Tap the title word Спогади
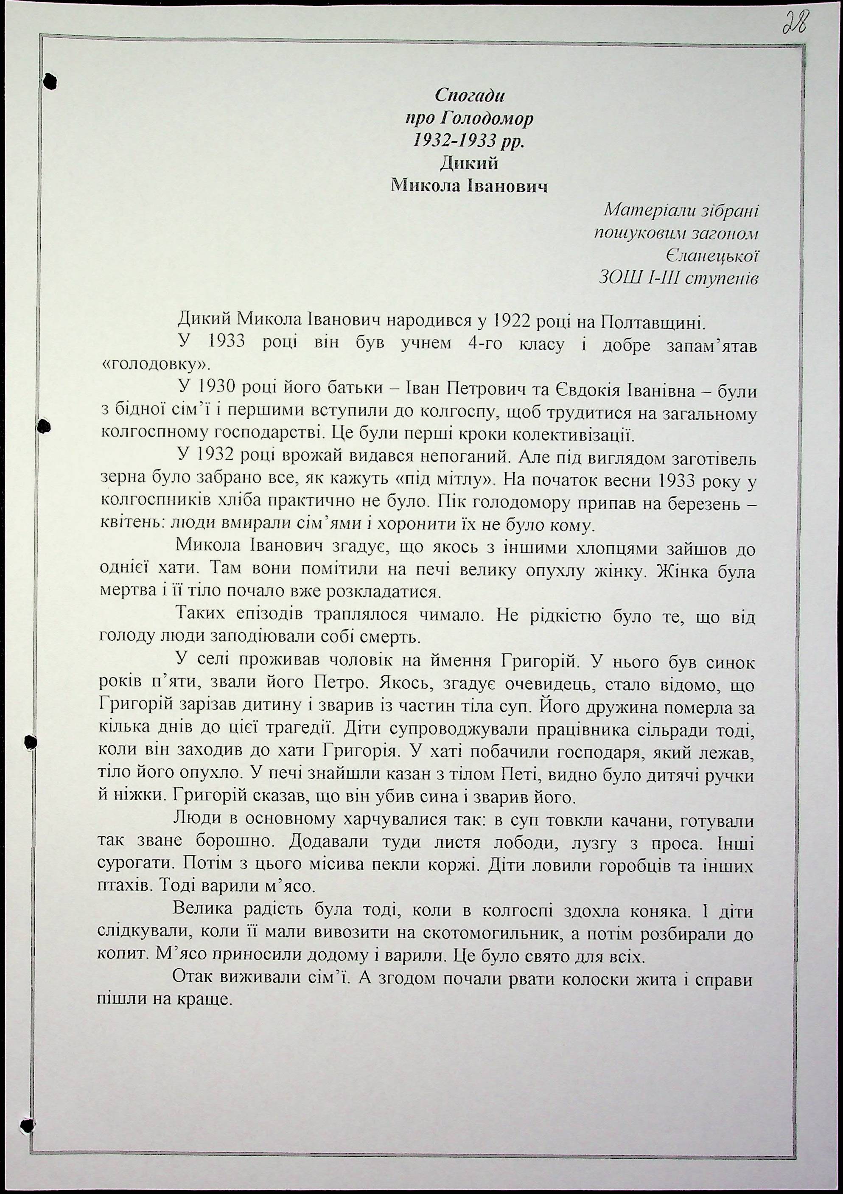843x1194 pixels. pyautogui.click(x=470, y=95)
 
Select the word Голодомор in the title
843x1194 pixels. pyautogui.click(x=486, y=119)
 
